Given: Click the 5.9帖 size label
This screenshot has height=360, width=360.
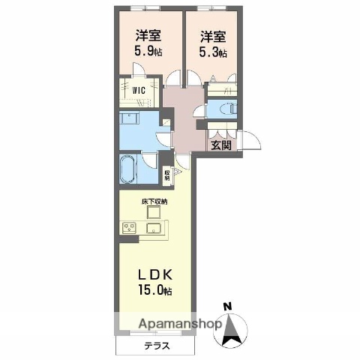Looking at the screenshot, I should [x=146, y=52].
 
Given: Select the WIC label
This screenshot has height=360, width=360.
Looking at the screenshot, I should [x=139, y=92].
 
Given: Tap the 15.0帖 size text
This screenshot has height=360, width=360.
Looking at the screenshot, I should [x=154, y=289].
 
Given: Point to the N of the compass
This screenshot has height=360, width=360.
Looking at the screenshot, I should [x=227, y=305].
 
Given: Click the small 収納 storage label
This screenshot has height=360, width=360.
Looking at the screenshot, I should [x=166, y=175].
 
